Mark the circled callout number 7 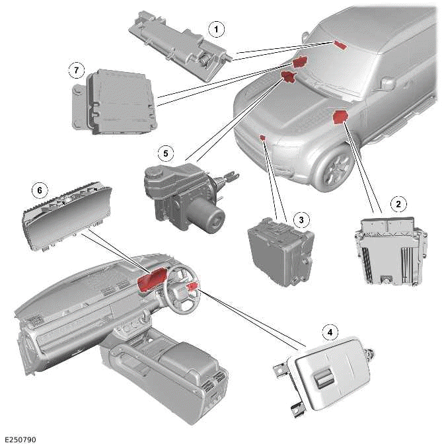[x=77, y=69]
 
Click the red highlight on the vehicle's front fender [x=341, y=118]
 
